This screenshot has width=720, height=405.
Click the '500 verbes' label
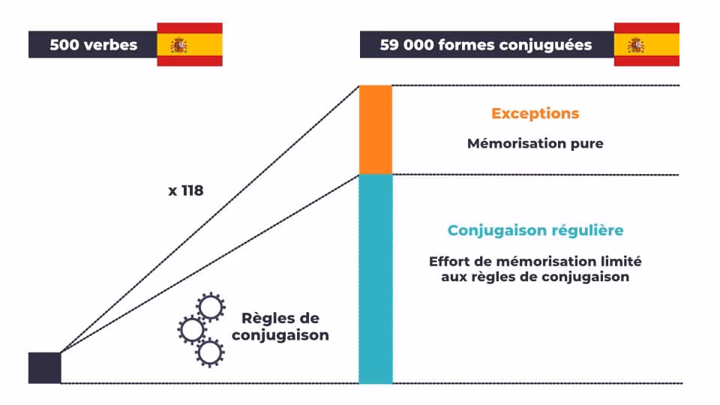click(x=93, y=45)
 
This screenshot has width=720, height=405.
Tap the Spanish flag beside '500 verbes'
click(x=190, y=44)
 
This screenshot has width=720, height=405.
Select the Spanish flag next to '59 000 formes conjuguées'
click(x=646, y=44)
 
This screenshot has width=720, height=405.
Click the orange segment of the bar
click(x=376, y=130)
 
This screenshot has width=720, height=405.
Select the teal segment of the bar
click(x=376, y=279)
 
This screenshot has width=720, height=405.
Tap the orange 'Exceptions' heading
click(x=535, y=113)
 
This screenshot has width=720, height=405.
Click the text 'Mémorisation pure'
click(x=535, y=143)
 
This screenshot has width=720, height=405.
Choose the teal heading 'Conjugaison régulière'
click(x=535, y=230)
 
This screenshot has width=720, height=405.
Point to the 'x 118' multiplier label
click(x=185, y=190)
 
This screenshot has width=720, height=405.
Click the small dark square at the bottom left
click(x=44, y=367)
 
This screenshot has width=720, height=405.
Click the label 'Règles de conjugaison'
click(x=280, y=327)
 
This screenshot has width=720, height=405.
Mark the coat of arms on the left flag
click(x=178, y=46)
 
